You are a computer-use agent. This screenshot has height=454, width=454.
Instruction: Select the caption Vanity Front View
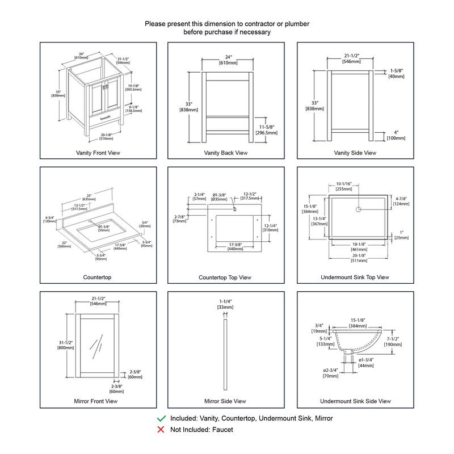[x=98, y=153]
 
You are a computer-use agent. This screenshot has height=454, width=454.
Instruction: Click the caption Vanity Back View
[x=226, y=153]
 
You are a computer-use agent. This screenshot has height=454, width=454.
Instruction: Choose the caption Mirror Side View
[x=225, y=401]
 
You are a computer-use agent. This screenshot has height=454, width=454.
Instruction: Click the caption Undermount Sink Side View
[x=355, y=401]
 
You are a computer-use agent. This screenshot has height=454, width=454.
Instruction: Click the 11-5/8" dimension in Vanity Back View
[x=267, y=127]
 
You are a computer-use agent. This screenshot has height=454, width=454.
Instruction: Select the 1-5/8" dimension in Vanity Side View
[x=396, y=71]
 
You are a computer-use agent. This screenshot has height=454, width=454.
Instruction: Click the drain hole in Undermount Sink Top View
[x=358, y=210]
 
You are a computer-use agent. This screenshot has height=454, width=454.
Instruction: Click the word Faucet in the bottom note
[x=222, y=430]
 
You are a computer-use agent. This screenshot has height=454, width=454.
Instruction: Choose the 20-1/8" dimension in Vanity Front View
[x=106, y=134]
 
